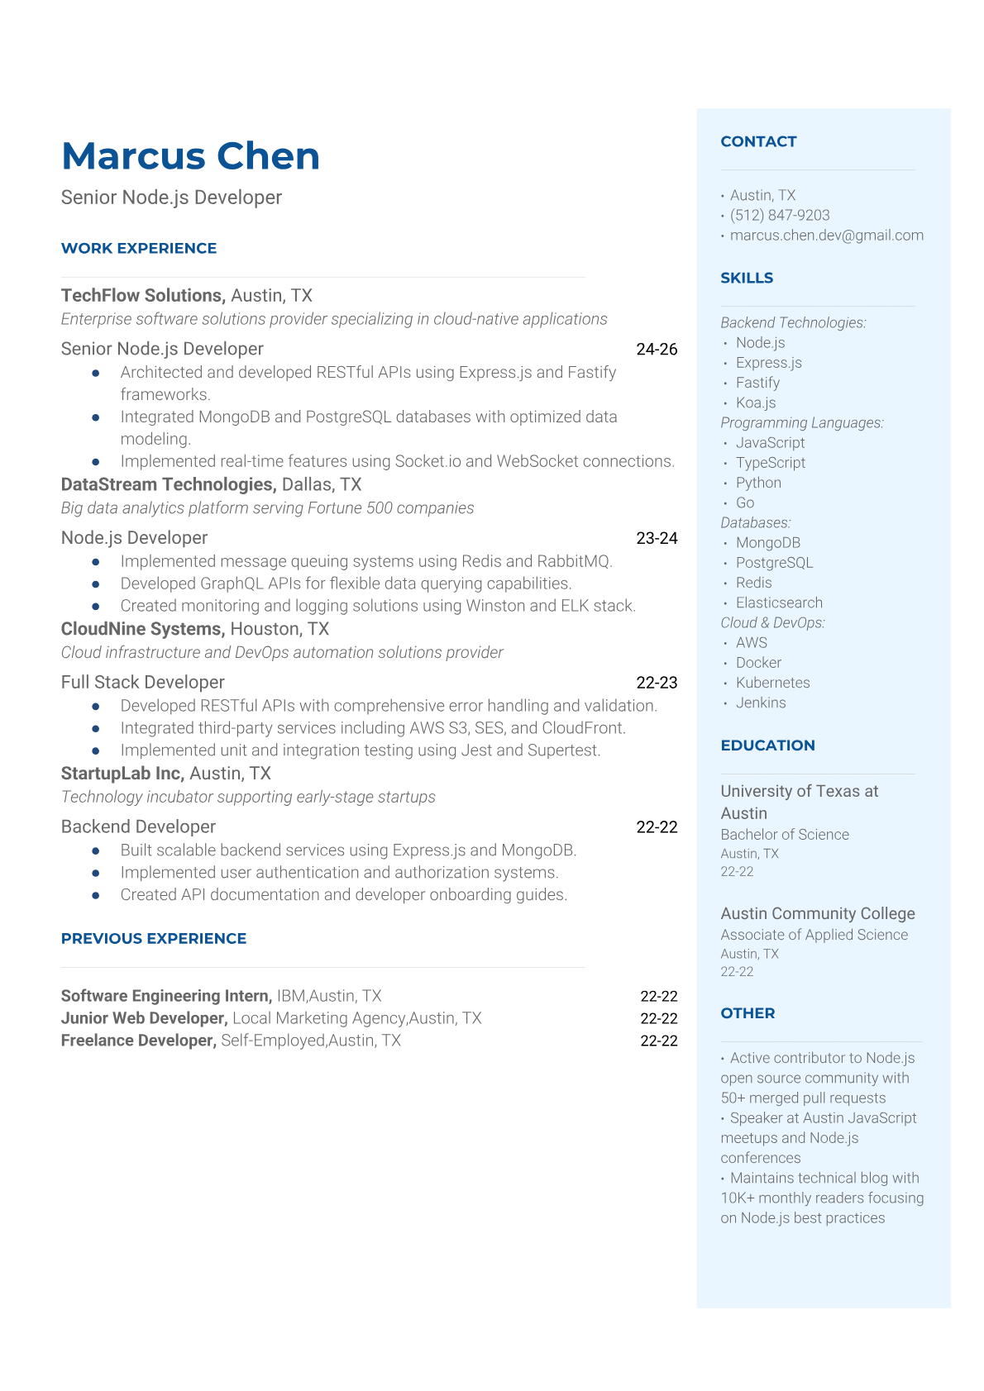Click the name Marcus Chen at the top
click(190, 156)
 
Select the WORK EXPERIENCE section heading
click(139, 248)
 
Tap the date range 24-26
click(657, 349)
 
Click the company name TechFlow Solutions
click(142, 295)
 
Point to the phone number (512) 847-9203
click(780, 215)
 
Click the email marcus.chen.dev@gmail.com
click(826, 235)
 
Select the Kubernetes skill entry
click(772, 683)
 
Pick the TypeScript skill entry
click(770, 463)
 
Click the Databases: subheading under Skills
click(755, 522)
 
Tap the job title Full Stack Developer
click(143, 682)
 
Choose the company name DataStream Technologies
click(168, 484)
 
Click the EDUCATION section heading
click(767, 745)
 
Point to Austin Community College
click(817, 913)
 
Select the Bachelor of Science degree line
click(784, 835)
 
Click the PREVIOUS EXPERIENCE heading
click(154, 938)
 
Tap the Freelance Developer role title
click(138, 1041)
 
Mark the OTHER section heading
click(748, 1012)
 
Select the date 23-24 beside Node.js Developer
click(657, 538)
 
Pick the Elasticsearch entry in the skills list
click(779, 603)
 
